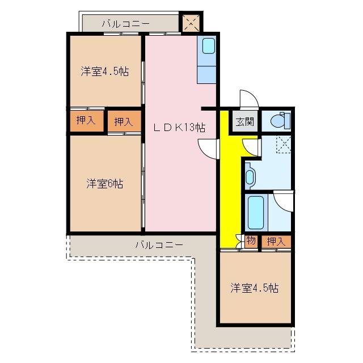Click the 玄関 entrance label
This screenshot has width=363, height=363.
click(245, 121)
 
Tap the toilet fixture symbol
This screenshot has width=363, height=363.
click(280, 120)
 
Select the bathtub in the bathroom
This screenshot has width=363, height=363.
click(256, 212)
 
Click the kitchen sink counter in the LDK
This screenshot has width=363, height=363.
click(207, 60)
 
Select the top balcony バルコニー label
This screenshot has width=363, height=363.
click(125, 24)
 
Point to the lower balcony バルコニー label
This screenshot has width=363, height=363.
click(159, 245)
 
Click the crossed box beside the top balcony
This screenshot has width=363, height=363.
click(190, 22)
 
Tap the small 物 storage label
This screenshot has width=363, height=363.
click(251, 241)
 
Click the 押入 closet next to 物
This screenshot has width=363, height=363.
click(276, 241)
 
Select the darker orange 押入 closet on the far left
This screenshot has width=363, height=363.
click(86, 120)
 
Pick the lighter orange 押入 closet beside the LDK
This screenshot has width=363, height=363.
click(124, 121)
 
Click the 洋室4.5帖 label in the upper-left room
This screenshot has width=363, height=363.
click(104, 71)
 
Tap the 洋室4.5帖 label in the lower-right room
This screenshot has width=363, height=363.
click(254, 288)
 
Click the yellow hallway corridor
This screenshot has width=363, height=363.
click(228, 187)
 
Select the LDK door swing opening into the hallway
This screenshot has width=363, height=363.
click(209, 149)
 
